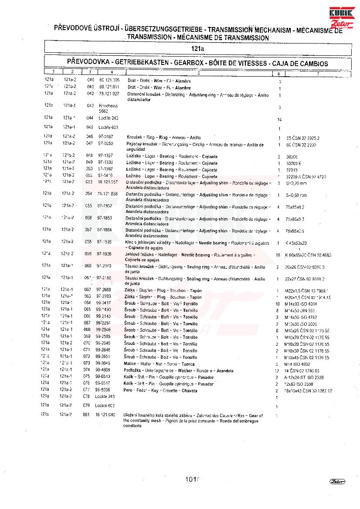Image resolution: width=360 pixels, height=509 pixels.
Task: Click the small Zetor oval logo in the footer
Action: (x=337, y=481)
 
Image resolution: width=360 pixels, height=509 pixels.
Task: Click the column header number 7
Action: (x=318, y=74)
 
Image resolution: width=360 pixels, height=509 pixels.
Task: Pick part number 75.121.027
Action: (x=109, y=94)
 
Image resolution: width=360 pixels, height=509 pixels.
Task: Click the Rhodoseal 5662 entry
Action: (x=106, y=108)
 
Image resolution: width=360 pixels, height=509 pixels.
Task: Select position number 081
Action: (x=86, y=415)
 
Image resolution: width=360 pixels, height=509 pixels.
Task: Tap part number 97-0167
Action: (x=105, y=137)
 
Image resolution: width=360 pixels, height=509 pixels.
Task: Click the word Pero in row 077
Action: (x=128, y=391)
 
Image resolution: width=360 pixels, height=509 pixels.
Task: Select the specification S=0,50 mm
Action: (x=296, y=195)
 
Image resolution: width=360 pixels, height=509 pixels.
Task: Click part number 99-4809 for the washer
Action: (x=104, y=371)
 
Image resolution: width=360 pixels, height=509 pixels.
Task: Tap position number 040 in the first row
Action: (x=90, y=80)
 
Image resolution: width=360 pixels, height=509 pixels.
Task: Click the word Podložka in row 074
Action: (x=132, y=371)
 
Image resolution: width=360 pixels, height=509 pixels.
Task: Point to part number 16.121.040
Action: (x=105, y=415)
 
